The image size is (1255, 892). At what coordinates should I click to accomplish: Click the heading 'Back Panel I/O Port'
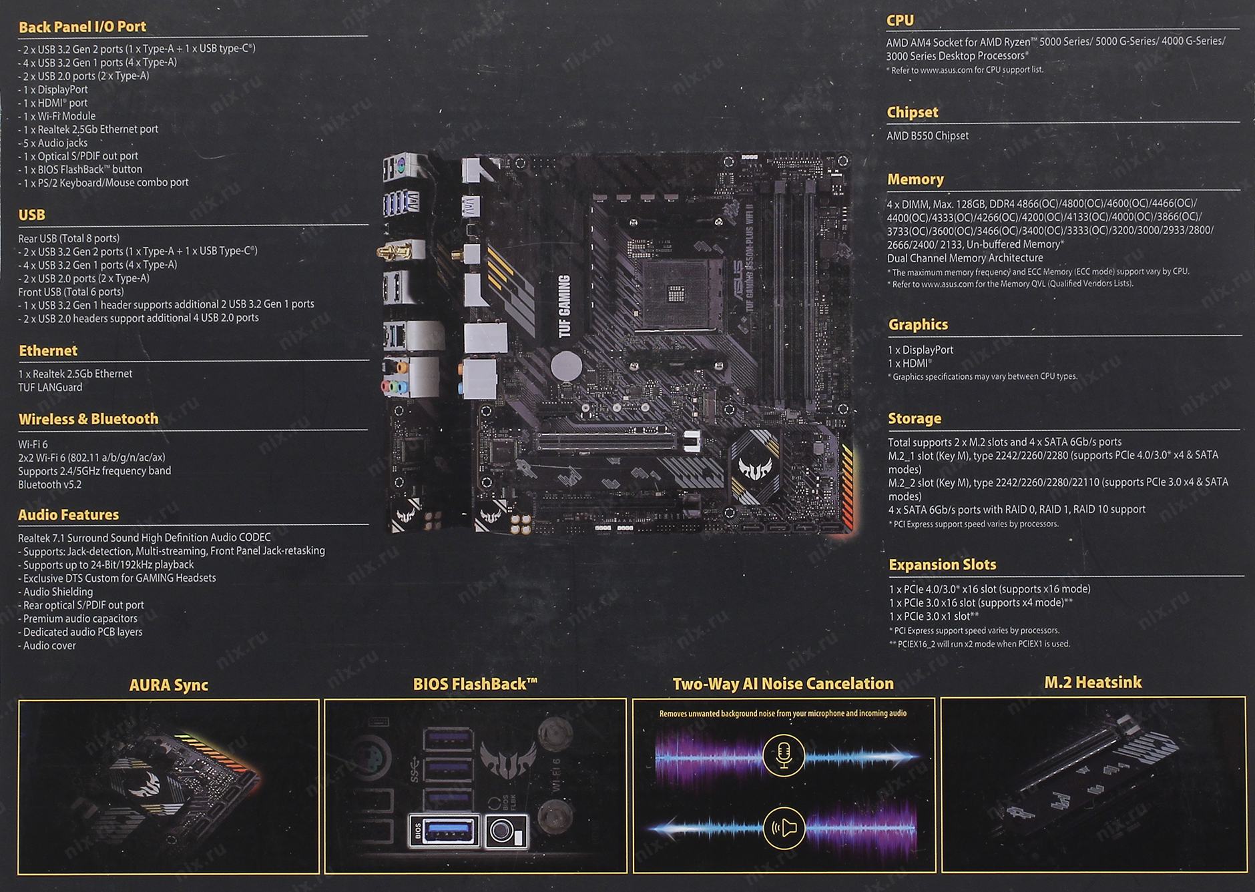pos(82,27)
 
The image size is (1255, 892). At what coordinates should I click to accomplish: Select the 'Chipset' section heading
pos(912,112)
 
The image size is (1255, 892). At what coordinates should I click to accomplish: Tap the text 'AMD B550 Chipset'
pos(927,135)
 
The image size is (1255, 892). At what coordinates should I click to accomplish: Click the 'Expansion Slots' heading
pos(942,564)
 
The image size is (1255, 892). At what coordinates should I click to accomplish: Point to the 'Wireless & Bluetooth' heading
pos(88,419)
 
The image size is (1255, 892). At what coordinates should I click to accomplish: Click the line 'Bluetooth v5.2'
pos(49,484)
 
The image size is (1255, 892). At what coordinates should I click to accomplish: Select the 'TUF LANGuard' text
pos(50,387)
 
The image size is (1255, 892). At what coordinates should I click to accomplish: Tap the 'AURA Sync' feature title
pos(169,685)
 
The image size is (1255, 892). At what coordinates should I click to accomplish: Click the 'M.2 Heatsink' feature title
pos(1093,683)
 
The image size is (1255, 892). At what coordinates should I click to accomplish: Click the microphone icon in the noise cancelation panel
pos(784,755)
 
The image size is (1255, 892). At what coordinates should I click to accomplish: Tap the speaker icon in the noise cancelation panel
pos(784,828)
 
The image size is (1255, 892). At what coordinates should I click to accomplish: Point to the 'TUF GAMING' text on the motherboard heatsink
pos(565,306)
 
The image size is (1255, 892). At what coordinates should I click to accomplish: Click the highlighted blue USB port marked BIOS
pos(445,831)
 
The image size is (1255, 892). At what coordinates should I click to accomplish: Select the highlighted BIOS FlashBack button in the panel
pos(506,831)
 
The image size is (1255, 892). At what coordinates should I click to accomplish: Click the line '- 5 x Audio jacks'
pos(53,143)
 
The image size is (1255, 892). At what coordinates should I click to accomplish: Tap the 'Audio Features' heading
pos(69,515)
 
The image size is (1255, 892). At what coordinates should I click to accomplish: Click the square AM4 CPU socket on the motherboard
pos(679,292)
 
